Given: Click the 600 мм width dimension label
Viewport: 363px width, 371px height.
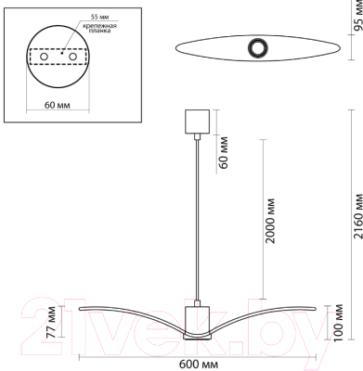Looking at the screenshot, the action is pos(199,365).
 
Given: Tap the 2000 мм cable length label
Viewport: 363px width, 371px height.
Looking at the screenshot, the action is pos(270,221).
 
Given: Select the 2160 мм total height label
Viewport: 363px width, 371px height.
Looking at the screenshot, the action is pos(357,216).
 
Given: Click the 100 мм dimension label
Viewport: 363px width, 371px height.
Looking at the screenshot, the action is pos(338,323).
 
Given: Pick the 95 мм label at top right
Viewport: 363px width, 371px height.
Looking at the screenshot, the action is pos(358,16).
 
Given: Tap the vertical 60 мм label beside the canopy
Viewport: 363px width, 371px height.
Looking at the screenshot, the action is pos(224,153).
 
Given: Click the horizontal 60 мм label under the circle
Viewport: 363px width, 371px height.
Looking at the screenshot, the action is pos(58,105).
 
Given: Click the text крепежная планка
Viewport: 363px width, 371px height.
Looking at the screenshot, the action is pos(99,28).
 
